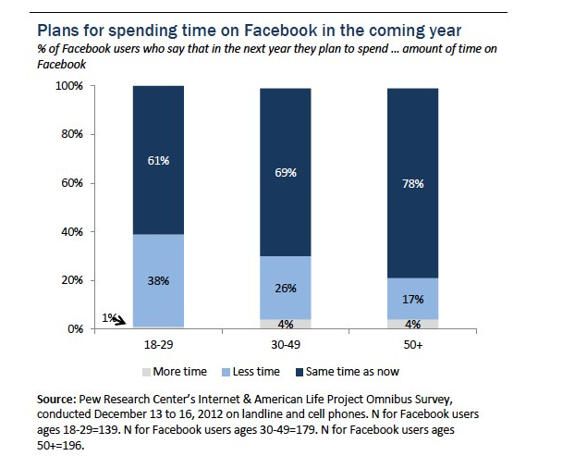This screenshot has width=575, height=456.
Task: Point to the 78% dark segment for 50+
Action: coord(412,183)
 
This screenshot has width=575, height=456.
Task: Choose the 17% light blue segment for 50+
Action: coord(412,299)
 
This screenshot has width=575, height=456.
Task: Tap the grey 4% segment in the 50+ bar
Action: coord(412,324)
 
